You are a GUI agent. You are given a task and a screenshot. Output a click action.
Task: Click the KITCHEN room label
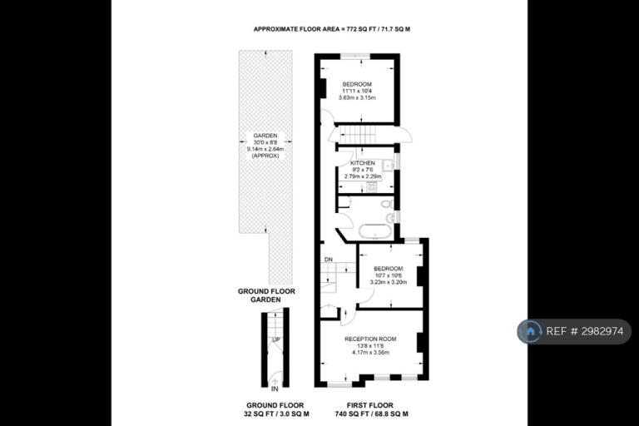click(363, 163)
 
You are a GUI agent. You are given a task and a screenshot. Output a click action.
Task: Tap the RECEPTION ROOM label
click(370, 339)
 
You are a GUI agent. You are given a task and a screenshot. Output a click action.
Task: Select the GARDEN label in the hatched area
click(265, 136)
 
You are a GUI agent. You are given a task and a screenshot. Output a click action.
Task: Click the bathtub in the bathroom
click(375, 231)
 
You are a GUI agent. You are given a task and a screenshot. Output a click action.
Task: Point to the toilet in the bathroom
click(386, 204)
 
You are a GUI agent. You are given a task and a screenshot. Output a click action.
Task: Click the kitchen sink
click(387, 165)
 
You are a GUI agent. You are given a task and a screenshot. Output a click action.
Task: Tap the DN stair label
click(329, 260)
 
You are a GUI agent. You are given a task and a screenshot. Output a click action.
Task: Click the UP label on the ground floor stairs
click(276, 340)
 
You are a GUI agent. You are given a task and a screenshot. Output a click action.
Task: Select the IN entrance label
click(275, 389)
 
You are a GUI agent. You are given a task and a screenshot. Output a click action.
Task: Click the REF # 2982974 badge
click(574, 331)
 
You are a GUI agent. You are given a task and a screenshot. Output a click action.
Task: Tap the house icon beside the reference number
click(530, 331)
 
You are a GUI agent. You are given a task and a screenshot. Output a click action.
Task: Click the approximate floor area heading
click(332, 29)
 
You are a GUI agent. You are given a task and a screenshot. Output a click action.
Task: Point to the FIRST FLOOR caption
click(370, 406)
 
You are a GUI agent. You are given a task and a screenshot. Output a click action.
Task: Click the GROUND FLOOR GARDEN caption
click(266, 295)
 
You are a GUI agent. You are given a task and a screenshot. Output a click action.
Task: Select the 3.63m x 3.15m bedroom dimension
click(357, 98)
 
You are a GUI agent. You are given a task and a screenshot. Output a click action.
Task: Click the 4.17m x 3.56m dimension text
click(370, 353)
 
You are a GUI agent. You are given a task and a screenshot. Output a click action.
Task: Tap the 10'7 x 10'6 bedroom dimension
click(389, 275)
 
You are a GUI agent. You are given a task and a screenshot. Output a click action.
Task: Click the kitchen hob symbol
click(371, 187)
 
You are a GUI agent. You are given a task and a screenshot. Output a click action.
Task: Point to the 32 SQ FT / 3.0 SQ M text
click(275, 414)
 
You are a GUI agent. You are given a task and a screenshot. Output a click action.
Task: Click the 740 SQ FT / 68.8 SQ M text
click(370, 414)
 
